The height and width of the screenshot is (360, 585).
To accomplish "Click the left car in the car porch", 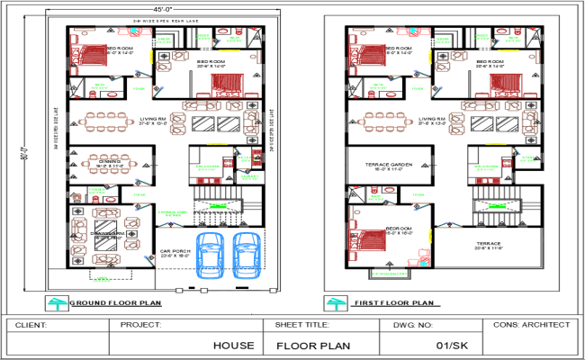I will pyautogui.click(x=211, y=254).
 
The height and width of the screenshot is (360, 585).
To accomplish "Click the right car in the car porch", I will pyautogui.click(x=247, y=254).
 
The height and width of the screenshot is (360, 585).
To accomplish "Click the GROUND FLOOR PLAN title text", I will pyautogui.click(x=115, y=303).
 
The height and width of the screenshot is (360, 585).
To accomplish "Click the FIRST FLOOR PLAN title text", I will pyautogui.click(x=390, y=303).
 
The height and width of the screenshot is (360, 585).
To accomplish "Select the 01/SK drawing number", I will pyautogui.click(x=449, y=345).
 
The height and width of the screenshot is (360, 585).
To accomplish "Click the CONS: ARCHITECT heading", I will pyautogui.click(x=532, y=324).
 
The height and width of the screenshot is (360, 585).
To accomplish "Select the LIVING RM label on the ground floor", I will pyautogui.click(x=152, y=119).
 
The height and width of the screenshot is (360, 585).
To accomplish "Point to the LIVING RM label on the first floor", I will pyautogui.click(x=432, y=119).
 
